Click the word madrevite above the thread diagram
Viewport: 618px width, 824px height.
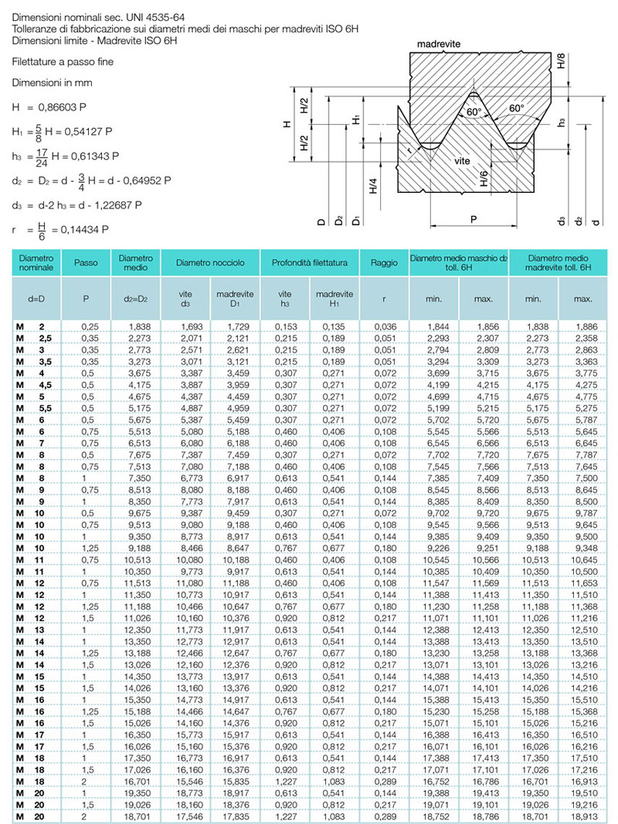(x=439, y=45)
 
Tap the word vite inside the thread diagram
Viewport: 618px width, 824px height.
(x=463, y=160)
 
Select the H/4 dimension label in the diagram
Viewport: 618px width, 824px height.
(x=373, y=186)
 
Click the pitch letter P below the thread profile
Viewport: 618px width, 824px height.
(x=473, y=219)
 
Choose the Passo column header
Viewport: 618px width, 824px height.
(x=86, y=263)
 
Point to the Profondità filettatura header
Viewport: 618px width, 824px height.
(x=310, y=263)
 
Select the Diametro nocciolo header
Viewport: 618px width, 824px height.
(x=210, y=263)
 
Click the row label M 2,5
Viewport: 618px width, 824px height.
(x=35, y=339)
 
